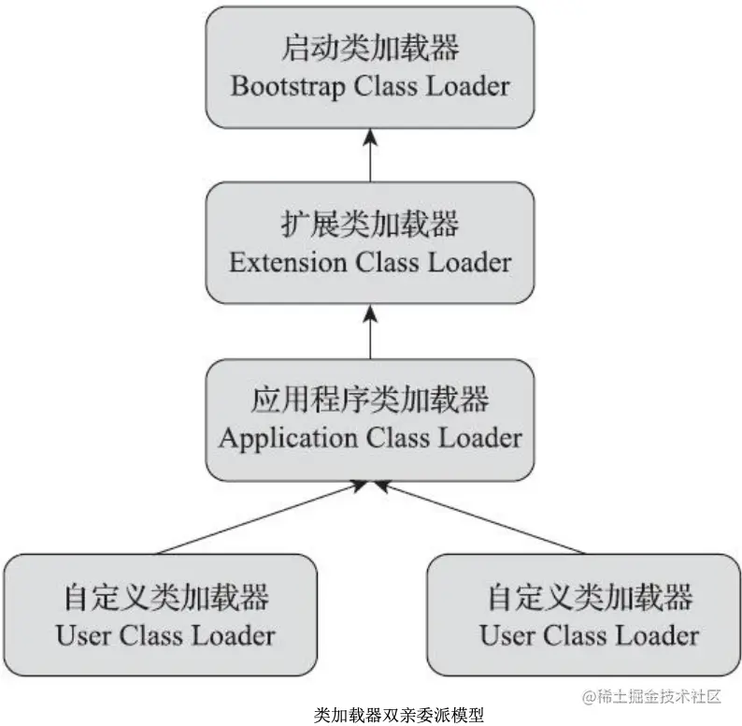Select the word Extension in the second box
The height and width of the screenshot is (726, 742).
pos(288,263)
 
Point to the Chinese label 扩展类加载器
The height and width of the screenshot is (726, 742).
pos(370,225)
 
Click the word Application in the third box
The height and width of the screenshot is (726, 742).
pos(278,438)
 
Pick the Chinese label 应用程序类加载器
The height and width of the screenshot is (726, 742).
pos(370,400)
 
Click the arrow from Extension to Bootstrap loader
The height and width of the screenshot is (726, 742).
pos(370,154)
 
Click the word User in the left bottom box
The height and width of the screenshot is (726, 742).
pos(83,635)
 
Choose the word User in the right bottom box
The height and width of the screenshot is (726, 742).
pos(507,635)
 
